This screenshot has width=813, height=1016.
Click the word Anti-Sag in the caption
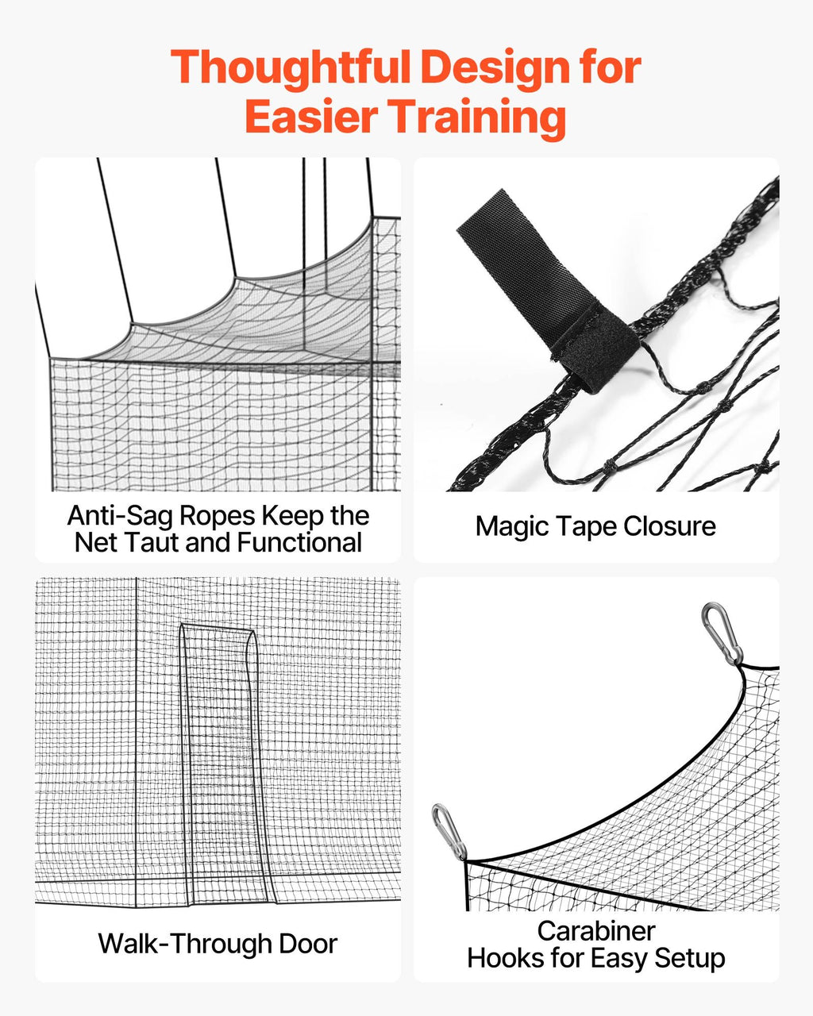(x=121, y=516)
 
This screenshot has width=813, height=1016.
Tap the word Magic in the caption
(x=512, y=527)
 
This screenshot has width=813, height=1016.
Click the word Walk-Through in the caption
(x=184, y=944)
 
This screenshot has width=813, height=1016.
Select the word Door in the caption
(x=308, y=944)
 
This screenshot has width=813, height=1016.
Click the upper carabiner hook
(x=722, y=634)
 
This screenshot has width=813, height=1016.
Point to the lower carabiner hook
(x=449, y=833)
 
